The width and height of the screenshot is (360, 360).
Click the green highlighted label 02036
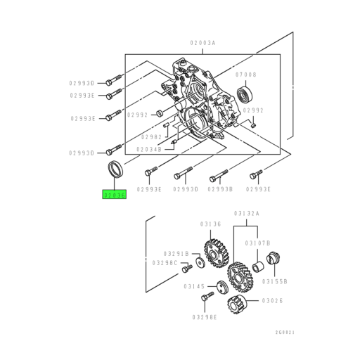pyautogui.click(x=114, y=195)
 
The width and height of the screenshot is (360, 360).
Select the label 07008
pyautogui.click(x=246, y=74)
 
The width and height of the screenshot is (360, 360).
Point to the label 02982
pyautogui.click(x=152, y=136)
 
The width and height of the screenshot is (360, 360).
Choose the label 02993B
pyautogui.click(x=221, y=189)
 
